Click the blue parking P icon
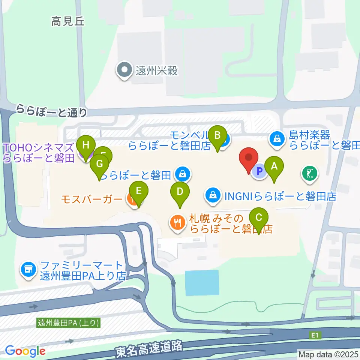(x=259, y=172)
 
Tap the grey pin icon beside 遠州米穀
(x=124, y=70)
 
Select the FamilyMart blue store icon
(x=28, y=268)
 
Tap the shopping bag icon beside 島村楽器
(x=276, y=138)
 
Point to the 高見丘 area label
(x=68, y=22)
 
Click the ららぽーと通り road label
(x=52, y=111)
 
